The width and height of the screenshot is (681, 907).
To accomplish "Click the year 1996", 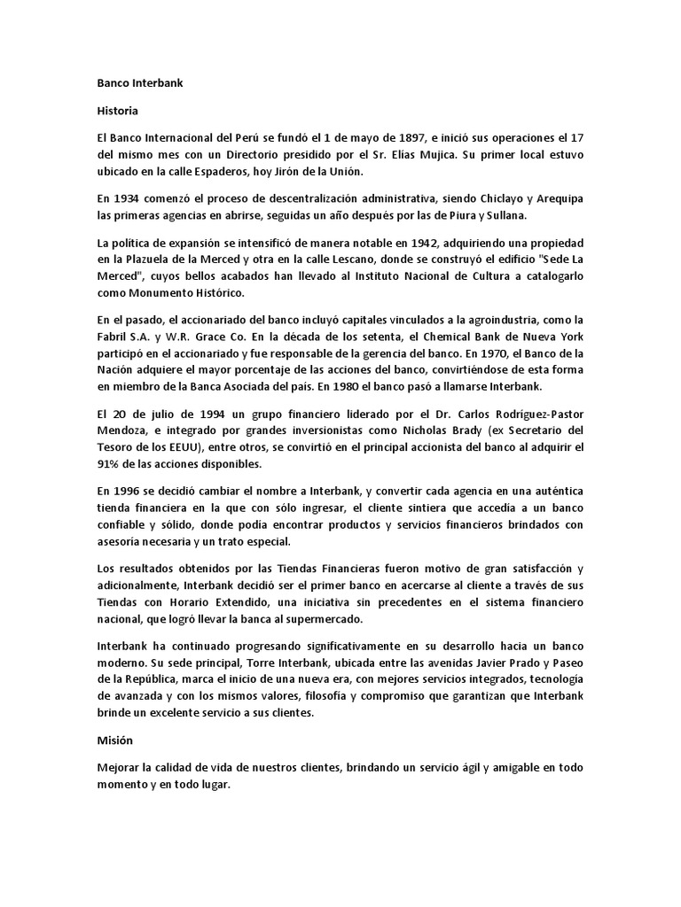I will click(127, 492).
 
